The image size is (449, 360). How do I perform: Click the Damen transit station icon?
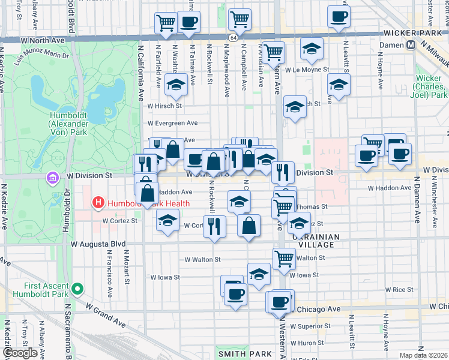pyautogui.click(x=412, y=45)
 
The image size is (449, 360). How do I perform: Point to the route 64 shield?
pyautogui.click(x=232, y=37)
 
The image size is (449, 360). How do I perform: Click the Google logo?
pyautogui.click(x=20, y=353)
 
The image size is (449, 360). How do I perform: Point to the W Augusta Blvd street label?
pyautogui.click(x=98, y=244)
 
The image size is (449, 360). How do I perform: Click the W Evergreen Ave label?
pyautogui.click(x=173, y=123)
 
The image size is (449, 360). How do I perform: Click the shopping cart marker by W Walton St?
pyautogui.click(x=284, y=259)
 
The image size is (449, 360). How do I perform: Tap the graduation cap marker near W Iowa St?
pyautogui.click(x=259, y=274)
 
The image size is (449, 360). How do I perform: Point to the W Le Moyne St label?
pyautogui.click(x=307, y=70)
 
